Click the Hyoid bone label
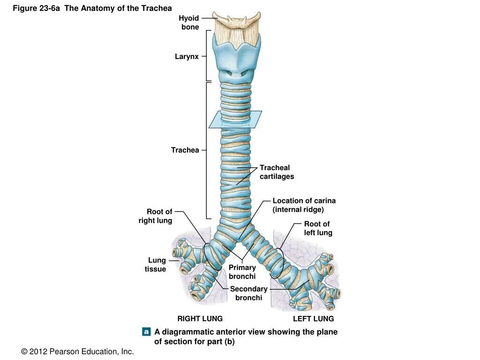tap(190, 22)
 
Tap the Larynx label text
tap(187, 57)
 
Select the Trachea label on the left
tap(185, 150)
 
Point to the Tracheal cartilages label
tap(277, 172)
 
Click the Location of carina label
tap(304, 205)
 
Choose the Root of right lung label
tap(156, 216)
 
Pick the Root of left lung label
tap(318, 228)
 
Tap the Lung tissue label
tap(156, 264)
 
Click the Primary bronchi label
tap(242, 272)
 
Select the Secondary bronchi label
tap(248, 293)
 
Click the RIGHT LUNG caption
tap(200, 319)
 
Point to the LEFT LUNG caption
tap(313, 319)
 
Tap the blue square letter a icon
tap(146, 331)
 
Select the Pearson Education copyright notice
tap(77, 351)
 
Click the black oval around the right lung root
tap(212, 256)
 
